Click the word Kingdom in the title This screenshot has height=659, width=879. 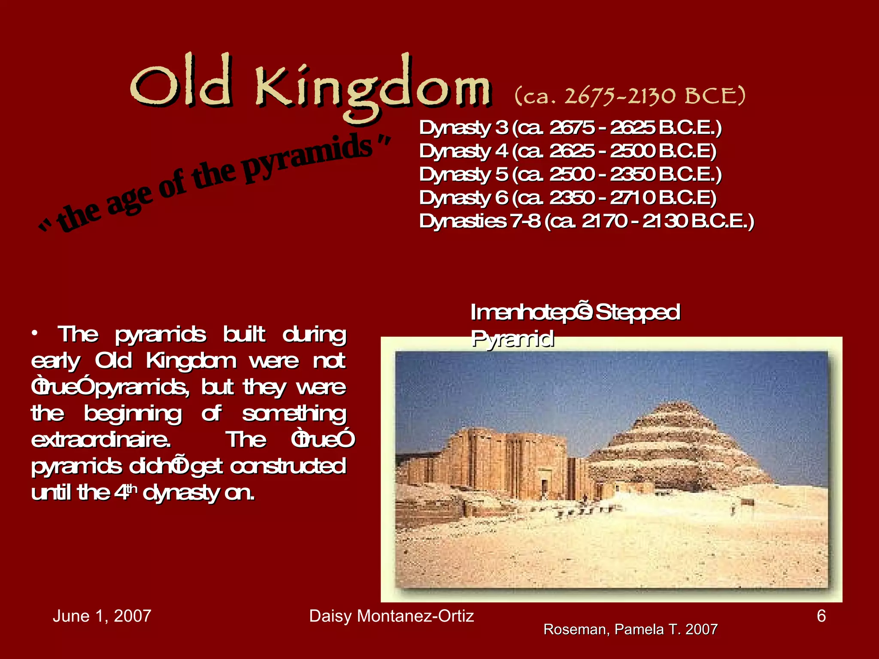tap(373, 88)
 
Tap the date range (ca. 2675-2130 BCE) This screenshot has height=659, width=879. tap(630, 96)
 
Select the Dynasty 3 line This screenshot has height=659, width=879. tap(570, 128)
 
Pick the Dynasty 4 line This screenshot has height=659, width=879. tap(567, 151)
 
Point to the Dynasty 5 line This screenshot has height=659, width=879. tap(570, 175)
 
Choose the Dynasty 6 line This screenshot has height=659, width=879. tap(567, 198)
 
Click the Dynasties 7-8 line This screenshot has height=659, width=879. tap(586, 221)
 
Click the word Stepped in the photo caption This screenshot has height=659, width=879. tap(638, 312)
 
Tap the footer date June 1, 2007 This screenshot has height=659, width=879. tap(102, 616)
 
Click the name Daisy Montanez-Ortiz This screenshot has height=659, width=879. tap(391, 616)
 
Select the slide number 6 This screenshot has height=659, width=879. tap(821, 616)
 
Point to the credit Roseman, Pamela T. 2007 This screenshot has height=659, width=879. tap(630, 629)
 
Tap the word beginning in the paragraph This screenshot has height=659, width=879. tap(133, 414)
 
